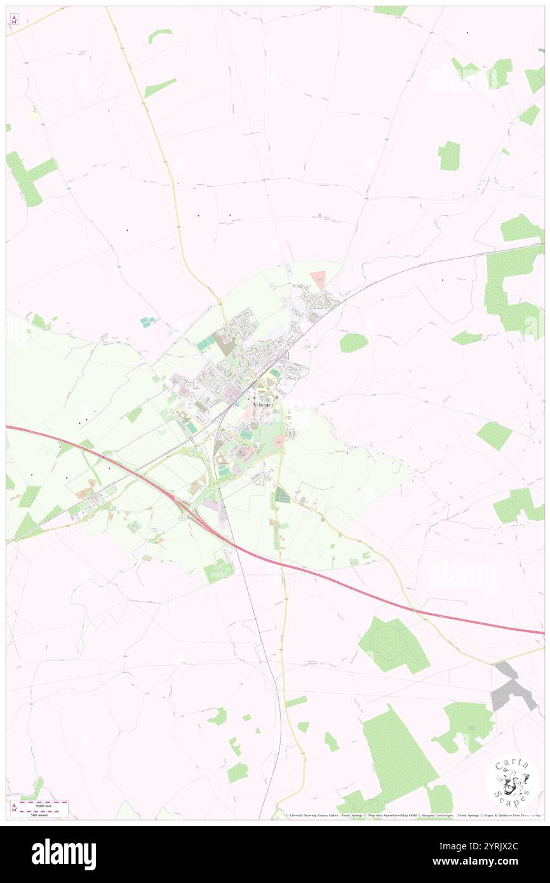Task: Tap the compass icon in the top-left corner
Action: (14, 19)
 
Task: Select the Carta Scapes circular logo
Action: (512, 781)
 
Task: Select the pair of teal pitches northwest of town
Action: (147, 322)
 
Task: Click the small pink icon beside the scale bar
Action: (14, 807)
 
